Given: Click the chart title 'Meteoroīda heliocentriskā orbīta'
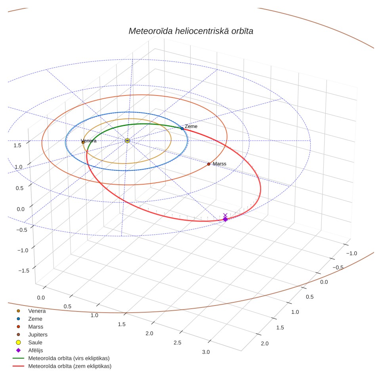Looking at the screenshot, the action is click(191, 31).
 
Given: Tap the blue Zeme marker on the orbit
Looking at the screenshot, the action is click(182, 128).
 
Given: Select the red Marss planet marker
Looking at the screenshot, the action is click(208, 164).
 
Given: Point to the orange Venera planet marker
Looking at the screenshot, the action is click(83, 142).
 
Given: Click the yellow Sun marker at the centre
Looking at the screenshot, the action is click(127, 141).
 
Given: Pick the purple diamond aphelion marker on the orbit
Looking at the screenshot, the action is click(225, 219).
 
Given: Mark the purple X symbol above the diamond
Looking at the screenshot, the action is click(225, 215).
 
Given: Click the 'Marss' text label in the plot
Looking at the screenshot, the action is click(220, 164).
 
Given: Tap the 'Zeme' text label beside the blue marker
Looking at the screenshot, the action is click(191, 126).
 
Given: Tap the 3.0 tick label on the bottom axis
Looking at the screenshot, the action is click(206, 352).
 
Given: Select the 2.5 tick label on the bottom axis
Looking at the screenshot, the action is click(178, 342).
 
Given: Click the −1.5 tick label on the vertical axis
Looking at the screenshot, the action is click(24, 270).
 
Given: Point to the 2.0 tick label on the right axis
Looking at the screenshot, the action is click(265, 344).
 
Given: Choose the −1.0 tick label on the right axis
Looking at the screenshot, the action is click(351, 253).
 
